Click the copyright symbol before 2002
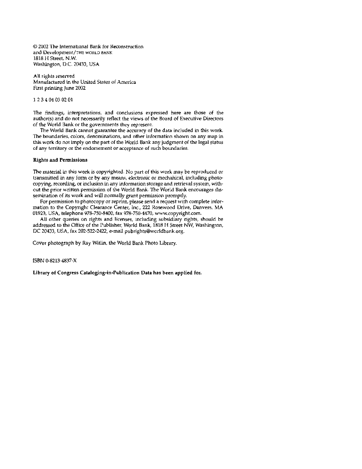[x=36, y=47]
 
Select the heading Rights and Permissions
[x=60, y=160]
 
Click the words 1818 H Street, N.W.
[x=51, y=59]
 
